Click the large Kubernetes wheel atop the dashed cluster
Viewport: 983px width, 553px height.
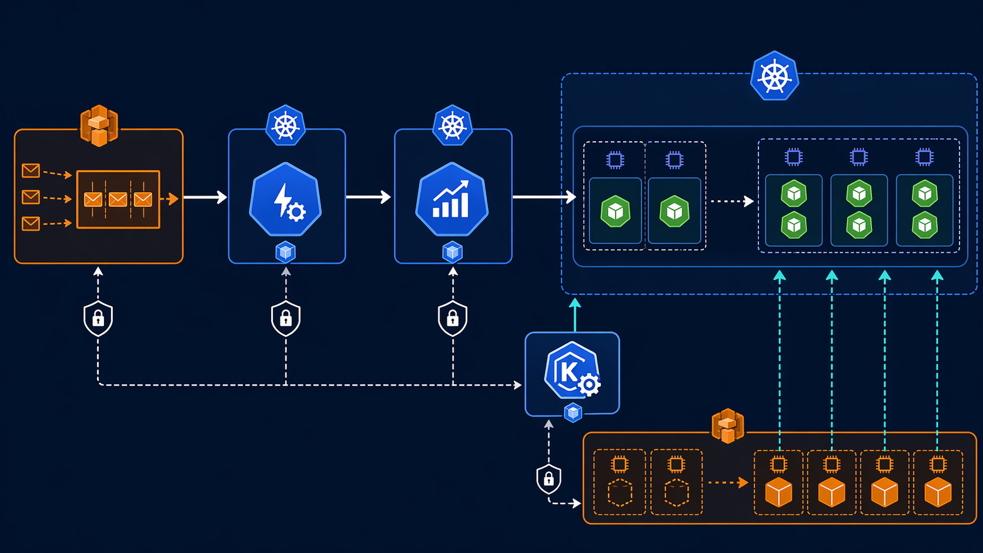click(774, 76)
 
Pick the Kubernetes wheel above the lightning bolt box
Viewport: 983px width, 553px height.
click(286, 125)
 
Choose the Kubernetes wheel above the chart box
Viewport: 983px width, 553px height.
click(452, 125)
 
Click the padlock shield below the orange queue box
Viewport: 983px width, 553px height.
click(98, 319)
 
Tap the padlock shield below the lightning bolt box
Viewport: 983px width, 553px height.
click(286, 319)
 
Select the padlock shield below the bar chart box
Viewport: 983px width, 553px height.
click(453, 319)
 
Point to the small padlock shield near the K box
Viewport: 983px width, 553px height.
click(549, 479)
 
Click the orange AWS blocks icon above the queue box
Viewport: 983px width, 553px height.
click(99, 125)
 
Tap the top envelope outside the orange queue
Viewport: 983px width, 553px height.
click(31, 170)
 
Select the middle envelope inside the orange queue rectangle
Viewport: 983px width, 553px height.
click(118, 200)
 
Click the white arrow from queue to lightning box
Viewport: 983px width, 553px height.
click(205, 197)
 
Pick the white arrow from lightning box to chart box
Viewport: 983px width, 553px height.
click(369, 197)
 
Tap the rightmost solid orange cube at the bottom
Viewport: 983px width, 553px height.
click(938, 492)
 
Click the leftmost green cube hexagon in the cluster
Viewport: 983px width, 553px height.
click(616, 212)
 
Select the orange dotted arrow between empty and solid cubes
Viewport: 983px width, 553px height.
click(728, 482)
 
